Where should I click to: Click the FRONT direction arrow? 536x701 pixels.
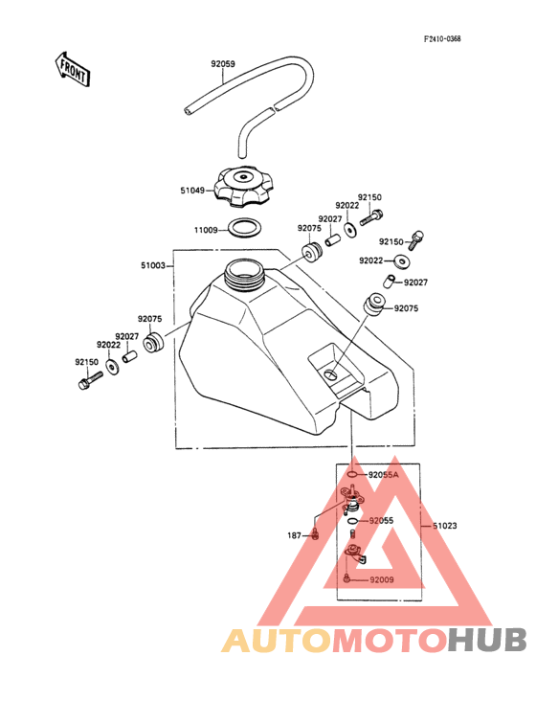click(x=72, y=69)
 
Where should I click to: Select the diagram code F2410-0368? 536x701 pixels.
click(x=442, y=39)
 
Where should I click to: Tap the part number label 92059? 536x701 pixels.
click(x=223, y=64)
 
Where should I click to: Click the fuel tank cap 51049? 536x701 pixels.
click(x=243, y=187)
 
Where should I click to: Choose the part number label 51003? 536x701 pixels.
click(x=153, y=265)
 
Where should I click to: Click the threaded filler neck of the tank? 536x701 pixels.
click(x=243, y=275)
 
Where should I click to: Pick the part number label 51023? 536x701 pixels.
click(x=445, y=526)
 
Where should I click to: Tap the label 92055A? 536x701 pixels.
click(x=383, y=475)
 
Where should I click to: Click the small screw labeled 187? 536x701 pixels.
click(x=316, y=534)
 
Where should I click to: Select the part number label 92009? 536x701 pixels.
click(x=382, y=579)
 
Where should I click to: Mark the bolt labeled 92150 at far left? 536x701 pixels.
click(x=90, y=380)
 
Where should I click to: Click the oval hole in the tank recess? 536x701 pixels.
click(x=331, y=374)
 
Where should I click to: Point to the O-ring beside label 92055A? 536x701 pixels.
click(x=352, y=474)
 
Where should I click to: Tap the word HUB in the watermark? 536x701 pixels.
click(x=488, y=640)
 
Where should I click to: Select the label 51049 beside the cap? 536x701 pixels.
click(x=192, y=191)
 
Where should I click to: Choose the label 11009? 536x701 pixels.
click(x=206, y=230)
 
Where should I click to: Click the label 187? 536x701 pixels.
click(x=295, y=535)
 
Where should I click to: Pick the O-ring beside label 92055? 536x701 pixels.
click(x=352, y=521)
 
